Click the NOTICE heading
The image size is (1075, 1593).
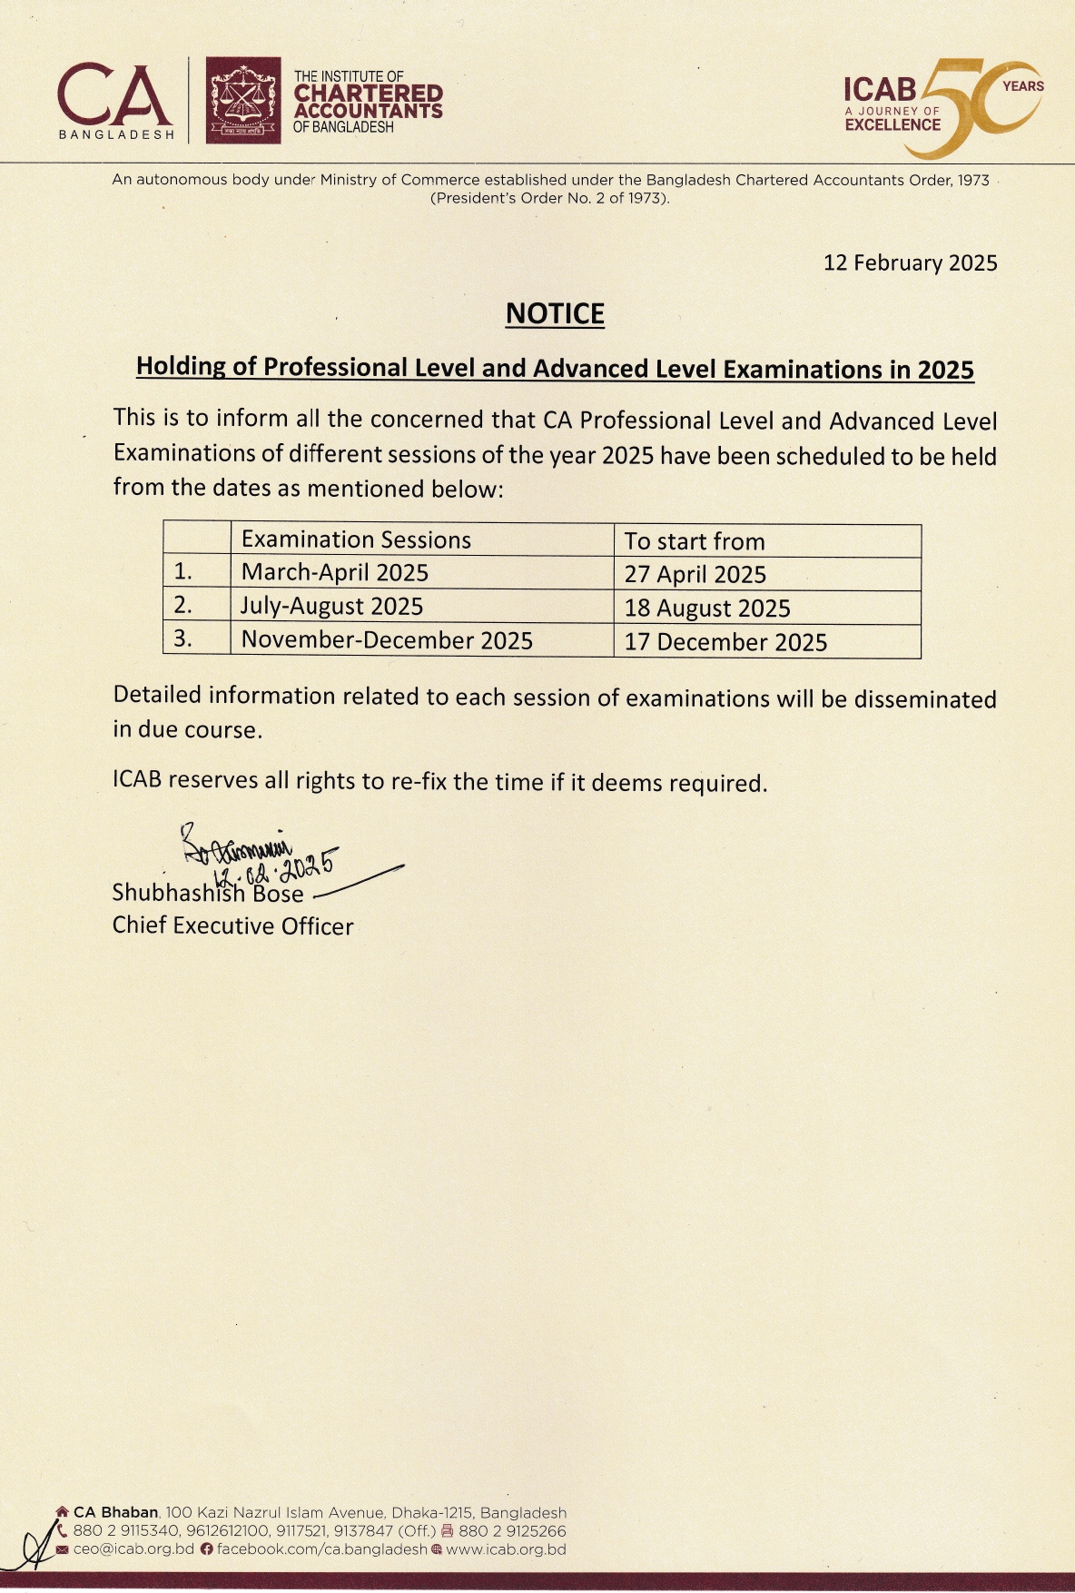pos(555,314)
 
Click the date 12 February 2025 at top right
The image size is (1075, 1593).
pos(910,263)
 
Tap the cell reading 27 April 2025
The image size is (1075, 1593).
pos(695,575)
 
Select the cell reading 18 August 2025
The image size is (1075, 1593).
pos(707,609)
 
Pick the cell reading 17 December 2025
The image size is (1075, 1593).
pos(725,642)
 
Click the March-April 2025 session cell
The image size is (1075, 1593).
pos(334,573)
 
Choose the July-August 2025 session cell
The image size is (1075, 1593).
pos(331,607)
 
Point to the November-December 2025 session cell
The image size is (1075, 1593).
pos(387,640)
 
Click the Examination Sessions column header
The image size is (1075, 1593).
pos(356,540)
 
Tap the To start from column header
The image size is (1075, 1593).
pos(695,542)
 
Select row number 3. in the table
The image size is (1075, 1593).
pos(183,638)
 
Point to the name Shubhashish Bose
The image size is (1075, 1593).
pos(207,894)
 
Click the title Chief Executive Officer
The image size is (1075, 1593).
pos(232,926)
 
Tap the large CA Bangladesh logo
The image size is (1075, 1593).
pos(115,98)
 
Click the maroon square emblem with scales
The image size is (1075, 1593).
pos(242,100)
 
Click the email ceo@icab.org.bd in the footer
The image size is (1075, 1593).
pos(133,1549)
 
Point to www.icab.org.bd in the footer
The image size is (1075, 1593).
pos(506,1549)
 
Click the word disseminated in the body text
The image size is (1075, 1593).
pos(924,699)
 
